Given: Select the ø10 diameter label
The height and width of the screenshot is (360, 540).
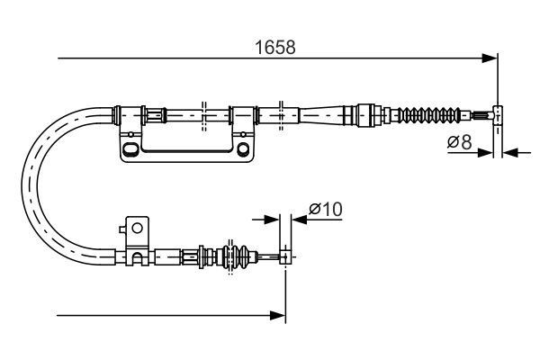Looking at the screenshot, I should [x=325, y=208].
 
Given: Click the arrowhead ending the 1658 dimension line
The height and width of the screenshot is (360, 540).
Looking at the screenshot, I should [x=491, y=59].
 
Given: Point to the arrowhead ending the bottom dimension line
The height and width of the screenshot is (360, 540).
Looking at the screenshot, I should [x=279, y=315].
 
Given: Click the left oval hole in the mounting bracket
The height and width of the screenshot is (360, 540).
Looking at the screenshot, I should [x=131, y=148].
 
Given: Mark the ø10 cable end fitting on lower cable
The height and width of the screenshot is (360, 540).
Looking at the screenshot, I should [x=285, y=257].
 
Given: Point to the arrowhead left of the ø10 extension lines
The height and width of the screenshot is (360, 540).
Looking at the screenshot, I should [x=273, y=219].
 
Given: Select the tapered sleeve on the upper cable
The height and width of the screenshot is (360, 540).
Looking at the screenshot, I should [x=324, y=114].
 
